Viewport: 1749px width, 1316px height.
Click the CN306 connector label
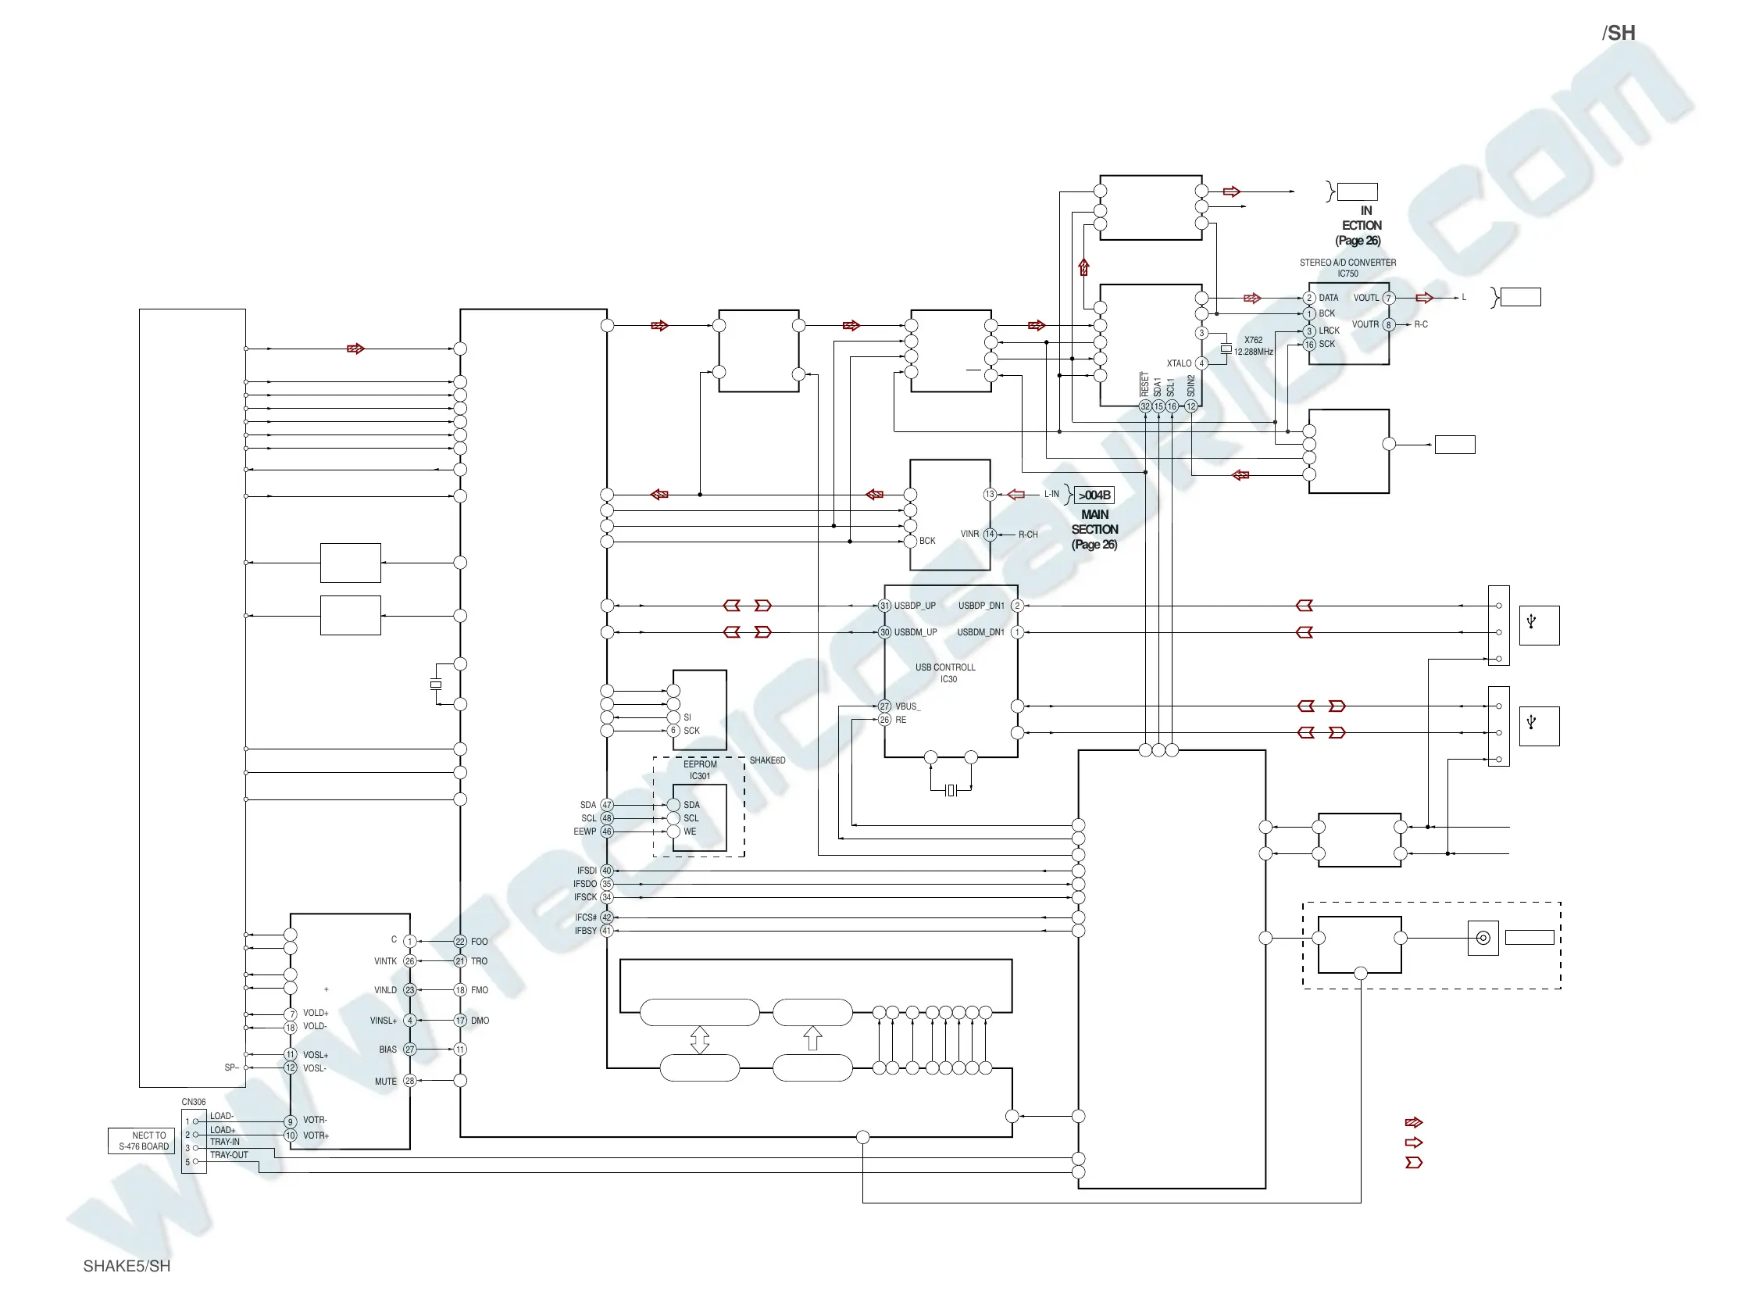tap(194, 1102)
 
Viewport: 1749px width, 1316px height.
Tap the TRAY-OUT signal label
tap(229, 1156)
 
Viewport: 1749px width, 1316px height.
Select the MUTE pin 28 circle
tap(409, 1081)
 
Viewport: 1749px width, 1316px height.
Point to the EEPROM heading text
tap(700, 765)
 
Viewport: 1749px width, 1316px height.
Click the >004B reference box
tap(1094, 495)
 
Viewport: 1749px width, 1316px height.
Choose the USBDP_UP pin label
tap(915, 606)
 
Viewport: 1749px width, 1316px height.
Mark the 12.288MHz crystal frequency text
tap(1253, 352)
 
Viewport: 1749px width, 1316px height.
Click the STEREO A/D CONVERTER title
tap(1348, 263)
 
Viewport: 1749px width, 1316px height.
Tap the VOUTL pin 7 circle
tap(1388, 299)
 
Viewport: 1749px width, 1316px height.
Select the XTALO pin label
tap(1179, 364)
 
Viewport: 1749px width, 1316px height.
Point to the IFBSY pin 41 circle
tap(606, 931)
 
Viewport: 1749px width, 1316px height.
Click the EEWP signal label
tap(584, 832)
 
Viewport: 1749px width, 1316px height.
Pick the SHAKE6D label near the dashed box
tap(767, 761)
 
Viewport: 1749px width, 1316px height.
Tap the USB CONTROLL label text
tap(946, 667)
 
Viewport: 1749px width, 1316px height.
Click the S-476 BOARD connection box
tap(142, 1141)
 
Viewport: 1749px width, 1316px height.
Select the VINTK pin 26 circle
tap(409, 962)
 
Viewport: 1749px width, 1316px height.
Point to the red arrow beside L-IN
tap(1016, 495)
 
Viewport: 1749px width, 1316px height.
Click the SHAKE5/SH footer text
tap(127, 1266)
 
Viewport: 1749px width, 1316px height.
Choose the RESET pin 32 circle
tap(1145, 406)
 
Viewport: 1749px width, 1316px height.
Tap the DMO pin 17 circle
tap(460, 1021)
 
